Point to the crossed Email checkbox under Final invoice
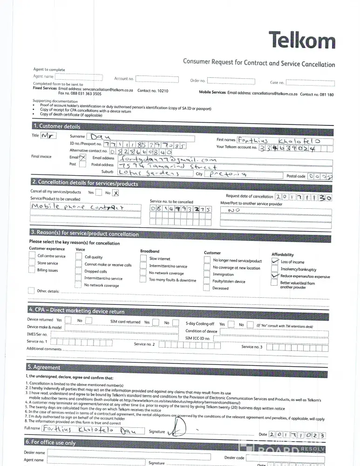pyautogui.click(x=82, y=158)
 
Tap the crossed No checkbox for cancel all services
pyautogui.click(x=116, y=192)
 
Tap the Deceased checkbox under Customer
pyautogui.click(x=206, y=288)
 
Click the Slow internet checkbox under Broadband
pyautogui.click(x=143, y=258)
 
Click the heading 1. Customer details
pyautogui.click(x=56, y=126)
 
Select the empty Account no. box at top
pyautogui.click(x=157, y=78)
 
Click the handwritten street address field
pyautogui.click(x=168, y=166)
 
